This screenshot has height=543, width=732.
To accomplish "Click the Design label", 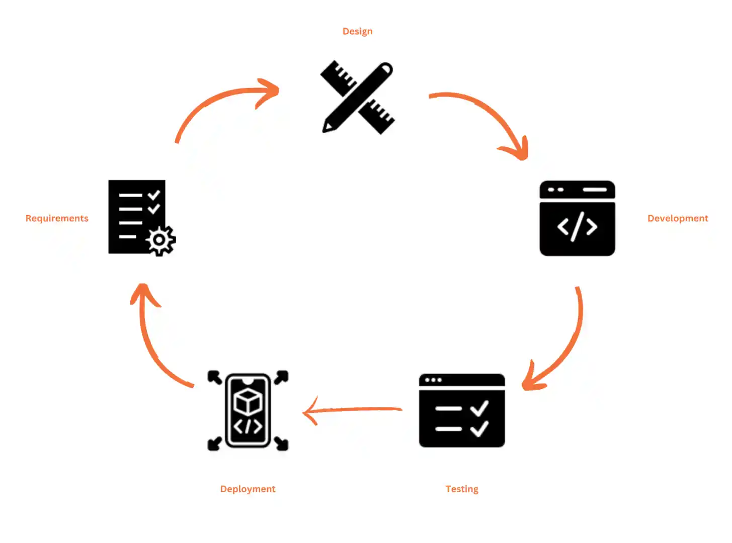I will [357, 31].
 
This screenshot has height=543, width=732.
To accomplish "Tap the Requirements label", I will [57, 218].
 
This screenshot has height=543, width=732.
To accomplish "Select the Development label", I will [677, 218].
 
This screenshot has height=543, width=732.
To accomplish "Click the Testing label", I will [461, 489].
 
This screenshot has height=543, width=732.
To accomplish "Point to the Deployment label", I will [248, 489].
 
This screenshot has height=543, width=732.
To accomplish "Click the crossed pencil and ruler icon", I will [358, 97].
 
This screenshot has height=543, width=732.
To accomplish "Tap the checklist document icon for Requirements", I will [137, 217].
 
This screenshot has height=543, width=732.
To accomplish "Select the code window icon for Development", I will [577, 218].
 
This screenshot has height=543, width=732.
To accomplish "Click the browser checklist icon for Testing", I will [461, 410].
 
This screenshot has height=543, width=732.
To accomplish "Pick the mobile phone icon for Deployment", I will [248, 410].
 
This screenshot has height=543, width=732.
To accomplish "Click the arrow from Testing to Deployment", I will [352, 410].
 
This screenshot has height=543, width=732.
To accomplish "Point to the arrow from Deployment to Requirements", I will [151, 342].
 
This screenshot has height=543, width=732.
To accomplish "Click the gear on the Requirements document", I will [160, 240].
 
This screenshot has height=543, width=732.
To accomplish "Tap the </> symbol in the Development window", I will [577, 227].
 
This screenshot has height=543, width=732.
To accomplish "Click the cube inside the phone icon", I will [248, 401].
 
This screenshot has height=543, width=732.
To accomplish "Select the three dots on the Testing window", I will [433, 380].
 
